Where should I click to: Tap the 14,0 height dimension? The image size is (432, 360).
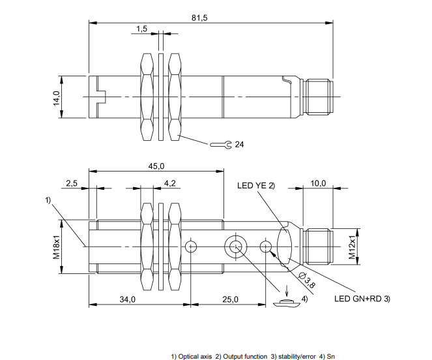[57, 98]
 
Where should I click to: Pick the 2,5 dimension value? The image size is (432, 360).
[72, 183]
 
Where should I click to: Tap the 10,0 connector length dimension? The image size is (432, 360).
[319, 183]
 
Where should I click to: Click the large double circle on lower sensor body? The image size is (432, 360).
[235, 247]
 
